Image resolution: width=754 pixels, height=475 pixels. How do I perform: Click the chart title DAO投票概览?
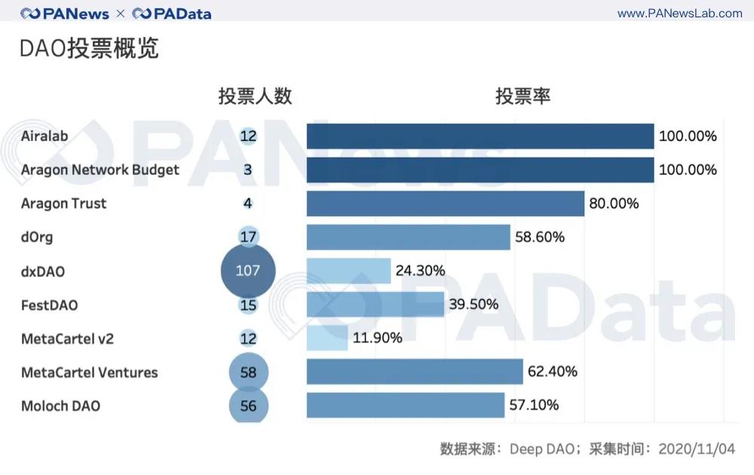[89, 49]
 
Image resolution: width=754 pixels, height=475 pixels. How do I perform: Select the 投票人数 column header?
[255, 97]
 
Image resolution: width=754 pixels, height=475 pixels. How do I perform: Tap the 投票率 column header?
[523, 97]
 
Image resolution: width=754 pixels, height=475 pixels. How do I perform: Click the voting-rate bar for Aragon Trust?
[445, 204]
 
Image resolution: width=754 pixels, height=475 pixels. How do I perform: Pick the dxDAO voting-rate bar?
[348, 271]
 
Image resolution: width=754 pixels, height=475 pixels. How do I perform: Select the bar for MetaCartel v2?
[327, 339]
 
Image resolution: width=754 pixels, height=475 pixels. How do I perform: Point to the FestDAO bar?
[375, 305]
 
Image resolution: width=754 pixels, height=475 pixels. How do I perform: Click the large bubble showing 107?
[248, 271]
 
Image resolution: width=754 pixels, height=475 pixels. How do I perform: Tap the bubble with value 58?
[248, 372]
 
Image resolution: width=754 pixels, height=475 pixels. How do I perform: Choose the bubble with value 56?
[248, 406]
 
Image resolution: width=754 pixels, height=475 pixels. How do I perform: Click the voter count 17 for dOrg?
[248, 237]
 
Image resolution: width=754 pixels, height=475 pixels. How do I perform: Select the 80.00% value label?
[615, 204]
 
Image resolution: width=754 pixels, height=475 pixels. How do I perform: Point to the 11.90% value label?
[378, 339]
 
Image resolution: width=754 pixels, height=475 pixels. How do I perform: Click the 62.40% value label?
[553, 372]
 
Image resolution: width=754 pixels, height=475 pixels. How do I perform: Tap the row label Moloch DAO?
[60, 406]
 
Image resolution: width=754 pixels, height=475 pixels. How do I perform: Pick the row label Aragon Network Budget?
[100, 170]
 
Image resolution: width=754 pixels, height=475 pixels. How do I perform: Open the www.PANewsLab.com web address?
[680, 14]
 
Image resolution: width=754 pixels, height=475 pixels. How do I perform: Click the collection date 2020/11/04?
[697, 449]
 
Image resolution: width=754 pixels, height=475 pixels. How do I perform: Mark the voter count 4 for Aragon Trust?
[248, 204]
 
